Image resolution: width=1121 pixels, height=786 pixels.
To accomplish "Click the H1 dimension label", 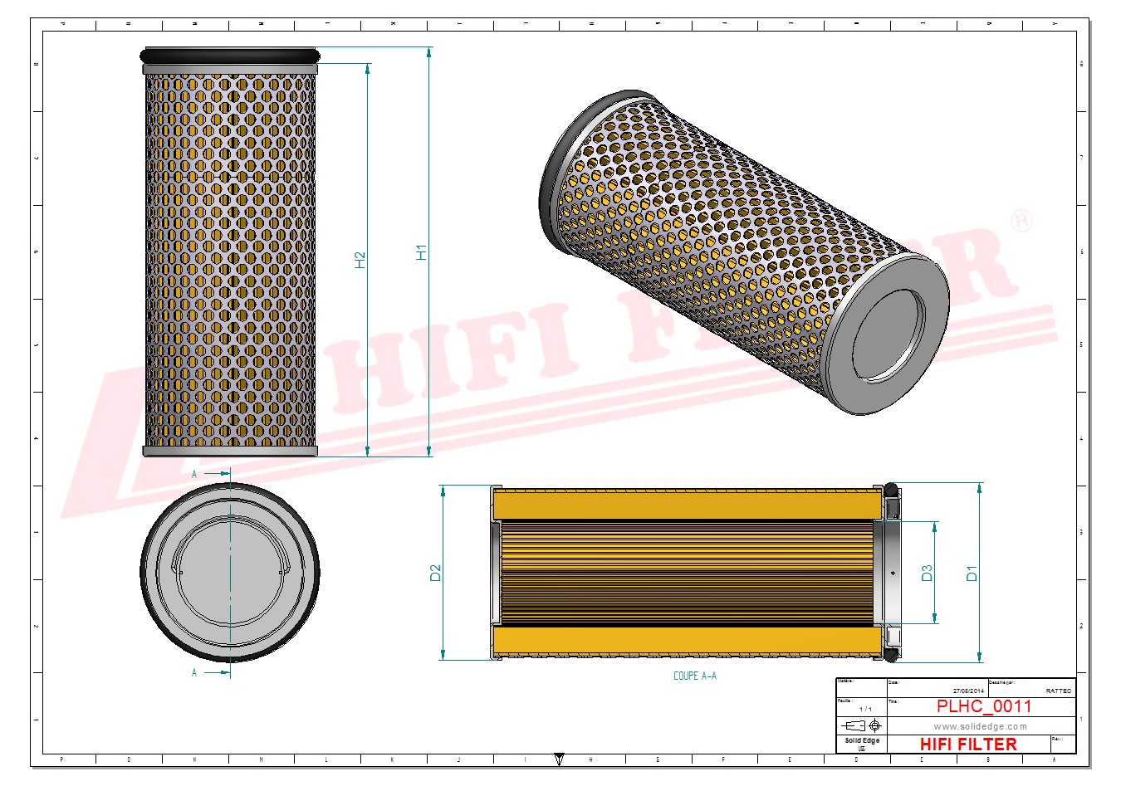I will pyautogui.click(x=421, y=252).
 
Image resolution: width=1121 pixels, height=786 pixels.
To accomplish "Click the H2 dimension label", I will pyautogui.click(x=360, y=260).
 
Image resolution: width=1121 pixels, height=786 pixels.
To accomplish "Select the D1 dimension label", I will pyautogui.click(x=972, y=573).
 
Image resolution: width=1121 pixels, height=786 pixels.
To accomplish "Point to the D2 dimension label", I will pyautogui.click(x=435, y=573).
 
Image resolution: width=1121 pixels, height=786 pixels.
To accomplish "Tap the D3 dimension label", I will pyautogui.click(x=927, y=573).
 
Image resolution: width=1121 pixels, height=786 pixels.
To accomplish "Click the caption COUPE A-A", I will pyautogui.click(x=694, y=676).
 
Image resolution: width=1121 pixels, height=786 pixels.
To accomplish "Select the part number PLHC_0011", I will pyautogui.click(x=983, y=706).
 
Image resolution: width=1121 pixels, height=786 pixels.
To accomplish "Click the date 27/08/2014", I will pyautogui.click(x=967, y=691).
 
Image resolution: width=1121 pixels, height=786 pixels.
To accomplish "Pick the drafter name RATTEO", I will pyautogui.click(x=1058, y=691).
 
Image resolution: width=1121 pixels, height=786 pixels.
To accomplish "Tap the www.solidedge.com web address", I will pyautogui.click(x=980, y=726).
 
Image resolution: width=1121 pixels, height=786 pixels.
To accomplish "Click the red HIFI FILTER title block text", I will pyautogui.click(x=968, y=745).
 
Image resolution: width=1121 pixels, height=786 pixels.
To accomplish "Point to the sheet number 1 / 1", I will pyautogui.click(x=865, y=709).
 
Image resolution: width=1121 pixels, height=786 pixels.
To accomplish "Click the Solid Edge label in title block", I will pyautogui.click(x=861, y=740).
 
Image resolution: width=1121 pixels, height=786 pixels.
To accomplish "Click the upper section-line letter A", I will pyautogui.click(x=195, y=474).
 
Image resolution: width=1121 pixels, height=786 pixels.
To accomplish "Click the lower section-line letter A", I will pyautogui.click(x=195, y=672).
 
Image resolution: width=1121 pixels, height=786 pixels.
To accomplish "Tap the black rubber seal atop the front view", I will pyautogui.click(x=230, y=56).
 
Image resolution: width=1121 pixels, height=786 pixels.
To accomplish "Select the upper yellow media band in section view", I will pyautogui.click(x=687, y=503).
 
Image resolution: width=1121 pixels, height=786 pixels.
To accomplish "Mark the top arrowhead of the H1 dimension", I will pyautogui.click(x=428, y=52).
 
